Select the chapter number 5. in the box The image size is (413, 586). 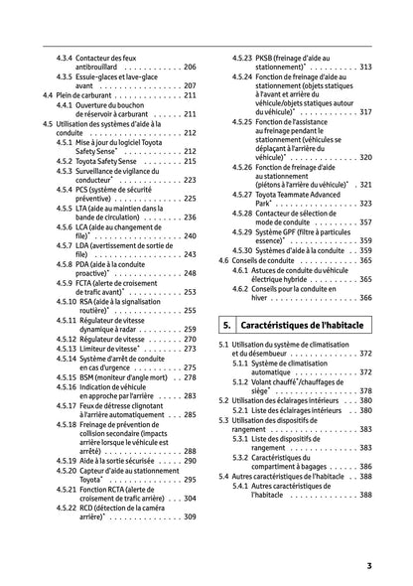click(227, 324)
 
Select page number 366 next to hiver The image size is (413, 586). click(365, 297)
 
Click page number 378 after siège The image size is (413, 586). click(365, 391)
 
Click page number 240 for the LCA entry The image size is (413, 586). click(190, 236)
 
